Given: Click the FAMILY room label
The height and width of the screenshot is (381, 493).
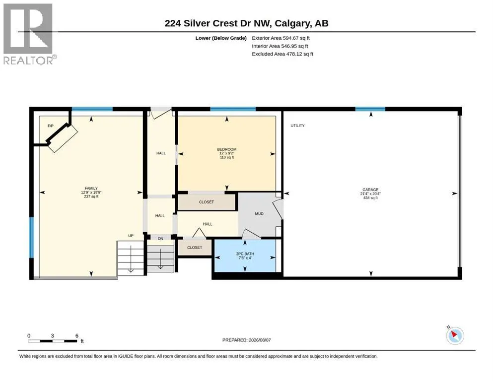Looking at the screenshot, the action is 91,189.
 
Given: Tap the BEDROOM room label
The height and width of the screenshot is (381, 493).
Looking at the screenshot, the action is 227,149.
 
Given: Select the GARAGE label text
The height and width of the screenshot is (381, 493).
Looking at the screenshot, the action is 370,190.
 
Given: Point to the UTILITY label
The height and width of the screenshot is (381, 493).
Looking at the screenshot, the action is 297,126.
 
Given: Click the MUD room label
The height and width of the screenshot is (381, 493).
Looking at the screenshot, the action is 259,214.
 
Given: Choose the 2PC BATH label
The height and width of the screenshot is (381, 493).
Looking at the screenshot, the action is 245,254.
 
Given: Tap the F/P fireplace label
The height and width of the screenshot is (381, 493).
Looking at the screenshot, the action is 50,126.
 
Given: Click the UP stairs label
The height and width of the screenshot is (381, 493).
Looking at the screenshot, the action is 131,236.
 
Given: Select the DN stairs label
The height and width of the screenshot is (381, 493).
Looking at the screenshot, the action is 160,239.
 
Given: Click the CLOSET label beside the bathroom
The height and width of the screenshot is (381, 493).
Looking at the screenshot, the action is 195,248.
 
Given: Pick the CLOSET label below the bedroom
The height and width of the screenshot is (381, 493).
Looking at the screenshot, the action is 206,202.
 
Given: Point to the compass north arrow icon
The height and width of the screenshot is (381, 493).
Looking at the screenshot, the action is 455,335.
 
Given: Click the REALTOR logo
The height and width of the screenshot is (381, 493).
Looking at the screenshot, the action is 29,34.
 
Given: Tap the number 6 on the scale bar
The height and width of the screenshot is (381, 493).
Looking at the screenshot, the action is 77,335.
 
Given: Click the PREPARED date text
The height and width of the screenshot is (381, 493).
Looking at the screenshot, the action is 246,340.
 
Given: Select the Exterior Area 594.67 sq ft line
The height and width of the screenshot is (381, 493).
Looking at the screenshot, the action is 281,38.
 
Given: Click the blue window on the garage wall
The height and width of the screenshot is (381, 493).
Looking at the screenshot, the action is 370,109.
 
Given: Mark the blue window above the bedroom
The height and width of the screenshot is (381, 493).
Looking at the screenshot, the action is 233,109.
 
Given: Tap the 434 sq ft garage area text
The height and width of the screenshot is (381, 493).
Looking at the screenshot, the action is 370,198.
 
